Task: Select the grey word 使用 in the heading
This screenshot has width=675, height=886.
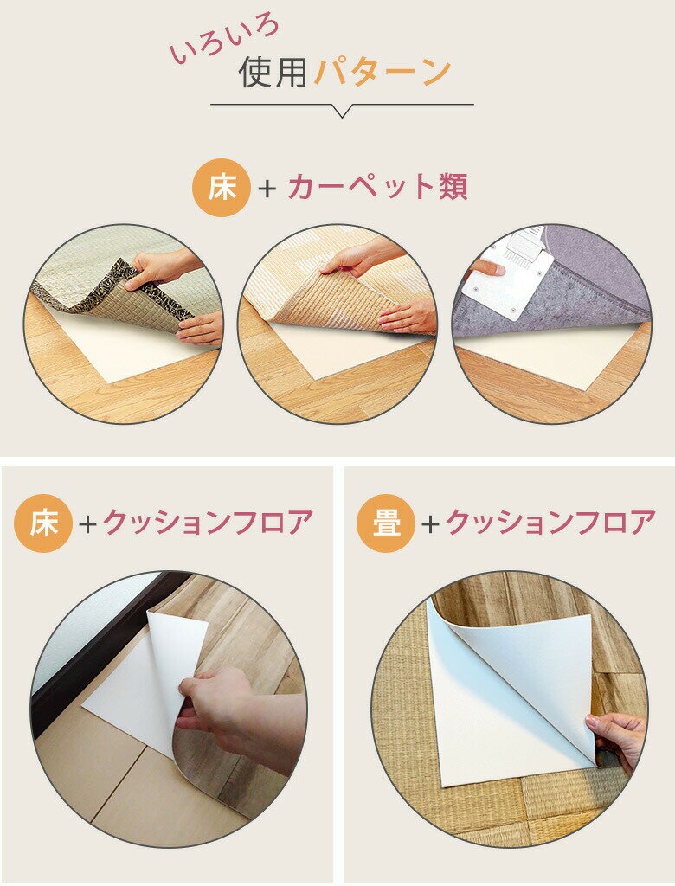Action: [273, 72]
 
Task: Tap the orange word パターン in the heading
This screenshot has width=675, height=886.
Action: [382, 72]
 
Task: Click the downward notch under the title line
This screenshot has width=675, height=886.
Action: [341, 111]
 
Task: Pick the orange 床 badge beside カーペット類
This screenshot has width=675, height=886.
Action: [222, 188]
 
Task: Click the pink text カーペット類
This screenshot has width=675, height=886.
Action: [377, 187]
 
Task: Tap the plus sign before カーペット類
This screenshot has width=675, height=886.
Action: [267, 188]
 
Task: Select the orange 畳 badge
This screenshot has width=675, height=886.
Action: [386, 523]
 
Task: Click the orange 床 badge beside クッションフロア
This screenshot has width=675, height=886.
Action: [43, 523]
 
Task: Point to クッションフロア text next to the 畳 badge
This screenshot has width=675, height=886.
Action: [551, 523]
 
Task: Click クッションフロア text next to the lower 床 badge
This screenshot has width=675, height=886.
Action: [208, 523]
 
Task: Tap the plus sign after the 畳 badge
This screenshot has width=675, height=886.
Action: [431, 524]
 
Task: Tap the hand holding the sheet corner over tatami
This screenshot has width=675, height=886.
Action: [615, 742]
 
